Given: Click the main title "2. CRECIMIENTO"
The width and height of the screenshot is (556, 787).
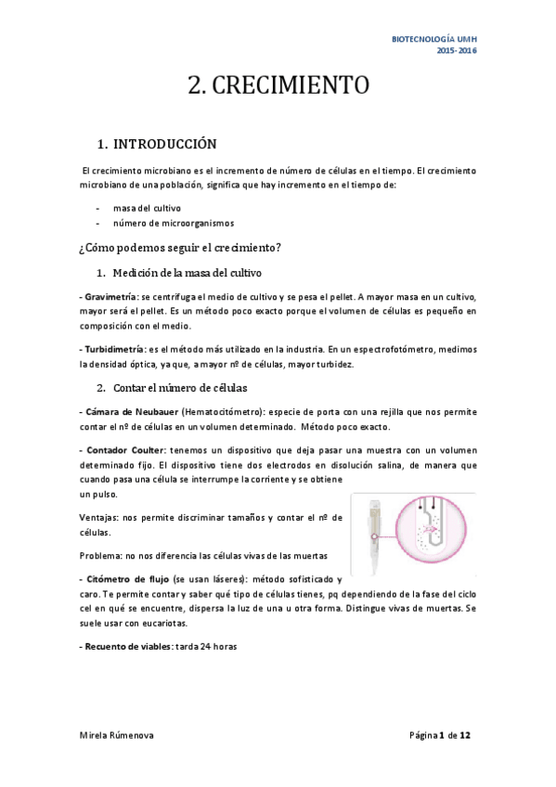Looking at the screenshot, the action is tap(278, 85).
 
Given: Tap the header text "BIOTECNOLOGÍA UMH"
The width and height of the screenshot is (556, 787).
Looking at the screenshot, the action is tap(439, 39).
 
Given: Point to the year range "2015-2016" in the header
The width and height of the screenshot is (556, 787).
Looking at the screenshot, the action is tap(458, 50).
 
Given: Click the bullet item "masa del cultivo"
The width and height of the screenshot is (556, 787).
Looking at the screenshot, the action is tap(147, 208).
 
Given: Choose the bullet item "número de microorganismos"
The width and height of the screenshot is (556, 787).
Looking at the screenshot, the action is tap(174, 223).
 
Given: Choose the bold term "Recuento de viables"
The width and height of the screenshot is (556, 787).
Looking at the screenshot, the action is tap(123, 646).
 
